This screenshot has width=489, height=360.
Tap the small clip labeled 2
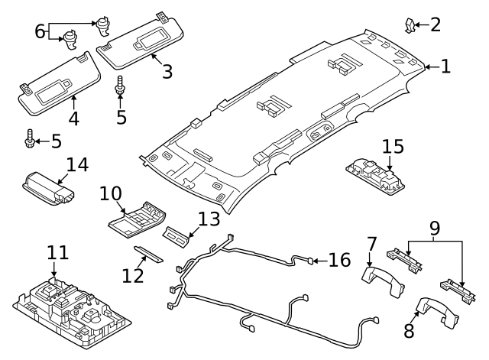[x=410, y=25]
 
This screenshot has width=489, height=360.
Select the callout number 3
[x=167, y=71]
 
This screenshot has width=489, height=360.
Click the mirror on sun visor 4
[x=54, y=89]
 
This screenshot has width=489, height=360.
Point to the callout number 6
[x=40, y=31]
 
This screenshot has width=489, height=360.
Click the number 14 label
[x=77, y=164]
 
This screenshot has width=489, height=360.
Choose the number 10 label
[x=111, y=193]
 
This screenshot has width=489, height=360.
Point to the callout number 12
[x=132, y=273]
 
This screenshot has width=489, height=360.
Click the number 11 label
[x=57, y=251]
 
